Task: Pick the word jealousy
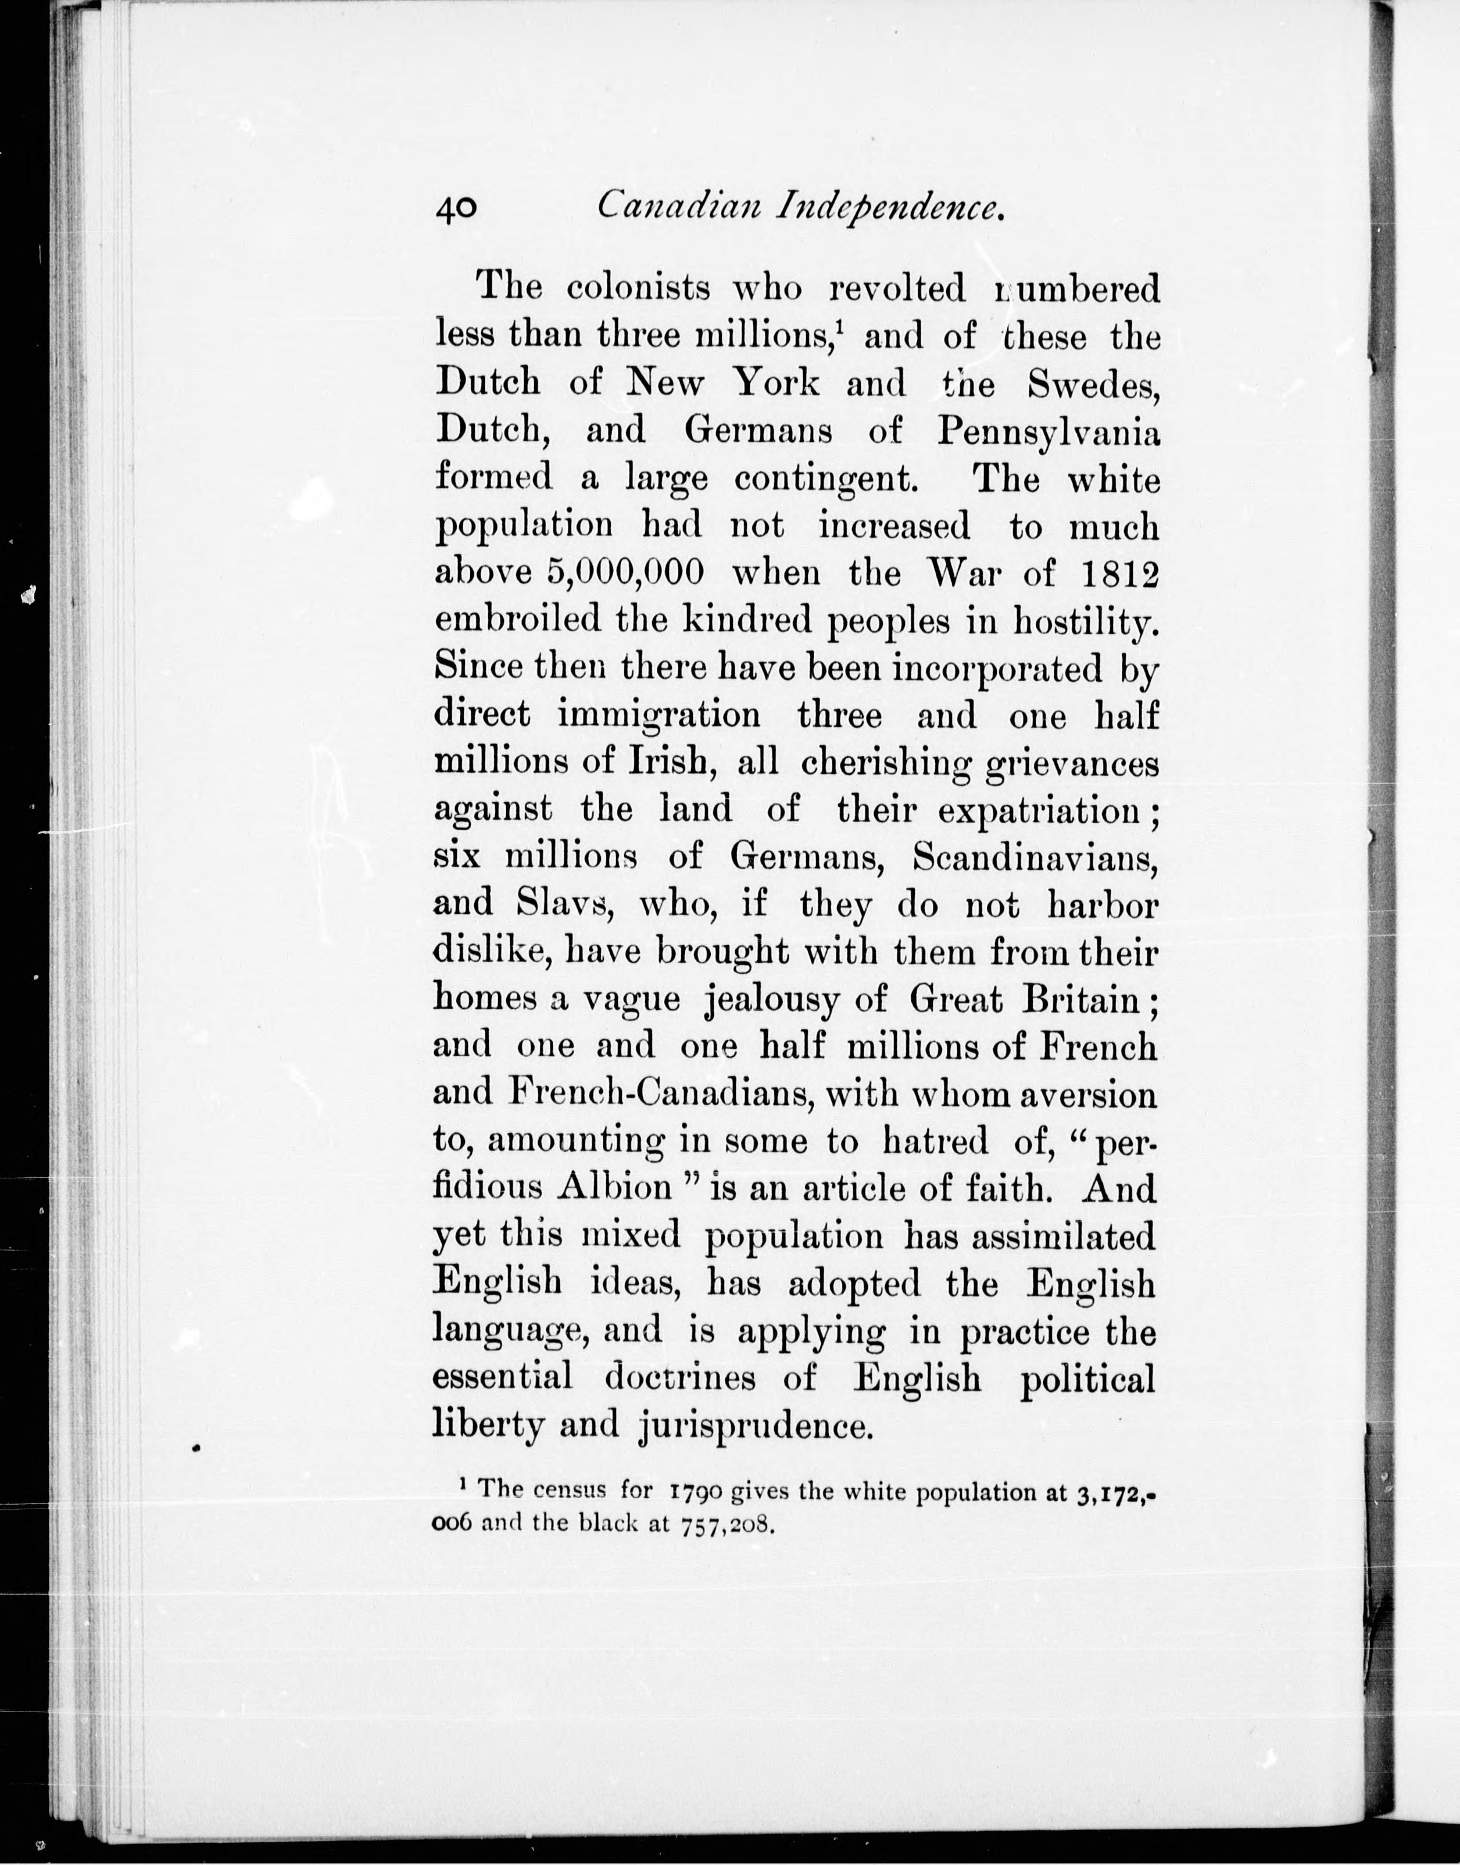(x=771, y=999)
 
